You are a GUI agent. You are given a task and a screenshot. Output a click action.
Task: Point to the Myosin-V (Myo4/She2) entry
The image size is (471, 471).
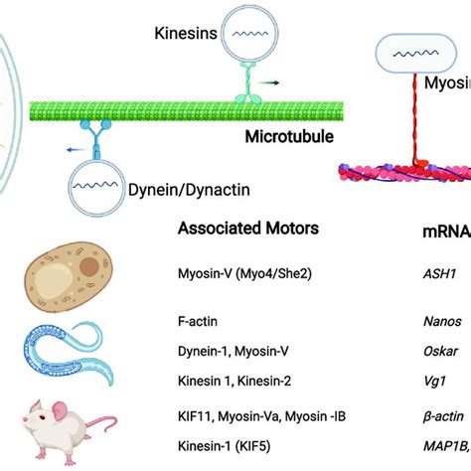[241, 273]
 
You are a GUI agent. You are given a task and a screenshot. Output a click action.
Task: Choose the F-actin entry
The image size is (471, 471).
[199, 324]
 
